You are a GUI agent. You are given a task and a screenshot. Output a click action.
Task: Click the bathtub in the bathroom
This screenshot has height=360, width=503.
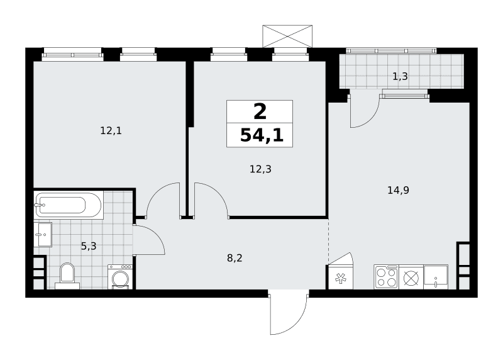click(x=69, y=205)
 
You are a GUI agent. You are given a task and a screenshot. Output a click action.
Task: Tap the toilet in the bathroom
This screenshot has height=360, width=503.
click(x=67, y=276)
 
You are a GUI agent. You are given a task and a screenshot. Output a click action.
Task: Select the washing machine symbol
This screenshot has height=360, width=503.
click(x=120, y=277)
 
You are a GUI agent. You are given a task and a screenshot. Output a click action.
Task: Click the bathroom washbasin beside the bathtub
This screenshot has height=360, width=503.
click(x=43, y=234)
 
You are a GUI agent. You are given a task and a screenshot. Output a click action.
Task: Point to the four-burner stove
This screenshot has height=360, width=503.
click(x=386, y=277)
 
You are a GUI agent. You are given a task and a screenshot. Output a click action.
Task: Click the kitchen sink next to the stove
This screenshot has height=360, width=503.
click(x=436, y=277)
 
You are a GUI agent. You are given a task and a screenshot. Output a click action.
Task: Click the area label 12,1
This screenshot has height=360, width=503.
click(x=111, y=131)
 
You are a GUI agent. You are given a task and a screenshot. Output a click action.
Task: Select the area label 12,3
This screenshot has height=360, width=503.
click(x=260, y=169)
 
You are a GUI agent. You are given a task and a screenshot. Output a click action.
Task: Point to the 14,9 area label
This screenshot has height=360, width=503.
click(x=398, y=191)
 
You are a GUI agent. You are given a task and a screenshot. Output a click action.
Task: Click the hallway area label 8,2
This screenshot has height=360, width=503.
click(x=235, y=258)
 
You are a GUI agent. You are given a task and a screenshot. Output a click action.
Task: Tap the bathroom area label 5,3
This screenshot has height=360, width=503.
click(x=89, y=246)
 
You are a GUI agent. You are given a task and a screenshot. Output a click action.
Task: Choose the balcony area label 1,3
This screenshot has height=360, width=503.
click(x=400, y=76)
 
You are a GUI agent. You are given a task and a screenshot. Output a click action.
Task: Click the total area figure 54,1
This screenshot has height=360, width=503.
click(x=262, y=135)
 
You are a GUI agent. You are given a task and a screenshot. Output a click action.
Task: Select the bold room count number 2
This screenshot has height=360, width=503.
click(x=260, y=112)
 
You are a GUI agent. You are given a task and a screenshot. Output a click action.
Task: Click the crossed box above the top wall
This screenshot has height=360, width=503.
click(x=287, y=37)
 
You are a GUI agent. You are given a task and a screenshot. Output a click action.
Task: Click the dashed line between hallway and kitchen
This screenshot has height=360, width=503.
click(x=328, y=240)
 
